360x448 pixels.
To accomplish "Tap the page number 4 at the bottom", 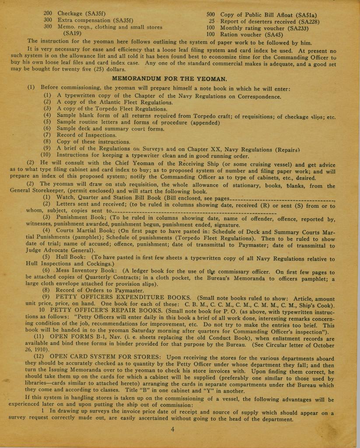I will pos(173,429).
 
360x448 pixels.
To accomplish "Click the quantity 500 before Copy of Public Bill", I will pos(211,14).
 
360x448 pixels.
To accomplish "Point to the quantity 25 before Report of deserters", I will pos(212,21).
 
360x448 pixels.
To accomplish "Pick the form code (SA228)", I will pos(306,21).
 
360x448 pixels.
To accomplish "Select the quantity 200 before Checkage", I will pos(48,14).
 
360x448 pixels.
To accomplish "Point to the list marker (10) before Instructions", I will pos(46,155).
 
